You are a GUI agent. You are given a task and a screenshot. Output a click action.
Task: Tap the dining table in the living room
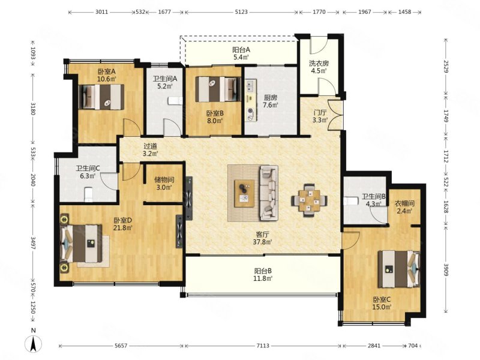click(309, 200)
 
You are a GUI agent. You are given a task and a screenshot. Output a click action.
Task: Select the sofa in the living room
click(269, 193)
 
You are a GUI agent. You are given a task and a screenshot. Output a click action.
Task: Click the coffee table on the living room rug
click(244, 193)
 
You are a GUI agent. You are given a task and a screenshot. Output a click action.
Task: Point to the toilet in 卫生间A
click(175, 101)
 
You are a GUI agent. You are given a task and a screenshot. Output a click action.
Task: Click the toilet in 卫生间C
click(88, 194)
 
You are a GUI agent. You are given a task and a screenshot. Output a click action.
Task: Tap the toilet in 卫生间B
click(351, 201)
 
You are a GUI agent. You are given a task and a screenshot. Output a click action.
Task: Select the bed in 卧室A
click(101, 97)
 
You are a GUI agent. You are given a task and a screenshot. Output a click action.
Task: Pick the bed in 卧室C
click(399, 269)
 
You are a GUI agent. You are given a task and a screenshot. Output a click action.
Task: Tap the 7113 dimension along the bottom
click(263, 346)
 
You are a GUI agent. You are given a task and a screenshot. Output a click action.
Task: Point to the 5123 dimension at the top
click(241, 12)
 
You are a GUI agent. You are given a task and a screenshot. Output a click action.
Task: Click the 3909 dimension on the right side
click(446, 269)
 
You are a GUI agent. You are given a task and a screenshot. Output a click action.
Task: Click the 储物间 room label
click(164, 179)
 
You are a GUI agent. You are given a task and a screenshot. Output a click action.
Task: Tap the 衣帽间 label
click(404, 203)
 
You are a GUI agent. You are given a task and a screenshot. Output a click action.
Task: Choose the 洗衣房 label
click(319, 64)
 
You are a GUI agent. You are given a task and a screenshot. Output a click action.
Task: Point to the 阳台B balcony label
click(263, 271)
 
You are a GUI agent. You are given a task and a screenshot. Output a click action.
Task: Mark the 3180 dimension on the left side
click(33, 109)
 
